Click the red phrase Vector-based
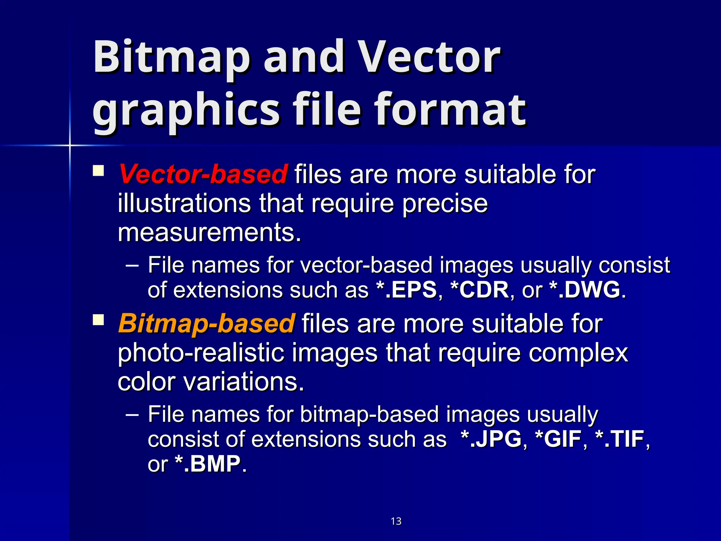(203, 174)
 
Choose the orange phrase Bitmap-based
(206, 323)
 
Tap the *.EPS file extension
(406, 290)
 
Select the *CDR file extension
(479, 290)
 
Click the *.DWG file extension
(585, 290)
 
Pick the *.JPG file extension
(491, 439)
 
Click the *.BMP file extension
(208, 464)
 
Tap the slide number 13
(396, 521)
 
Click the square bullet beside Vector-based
(98, 171)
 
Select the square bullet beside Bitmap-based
(98, 320)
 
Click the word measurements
(209, 232)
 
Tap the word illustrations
(184, 204)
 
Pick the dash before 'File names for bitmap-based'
(132, 415)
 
